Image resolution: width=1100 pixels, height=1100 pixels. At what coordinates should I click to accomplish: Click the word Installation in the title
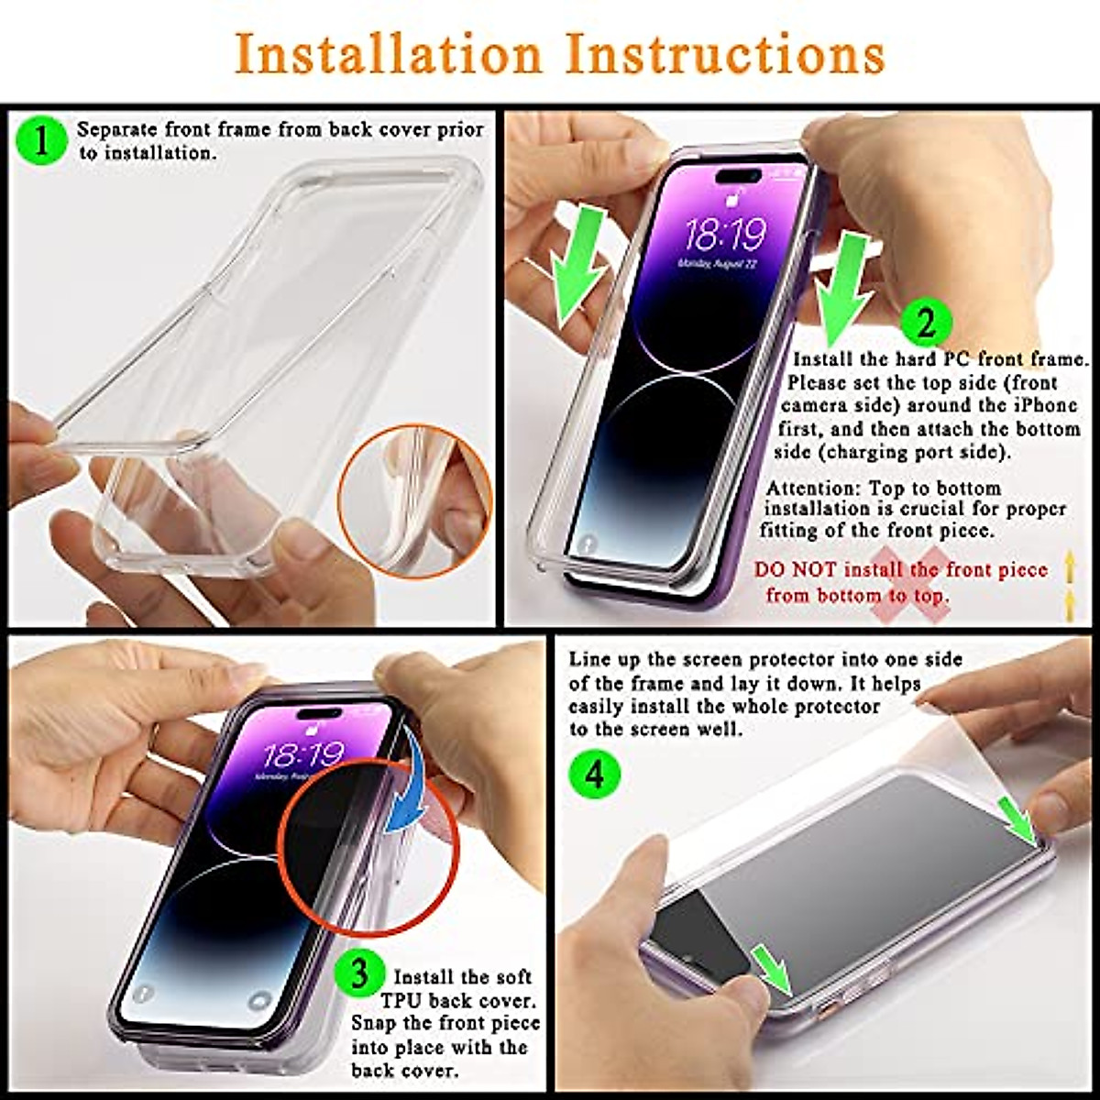389,55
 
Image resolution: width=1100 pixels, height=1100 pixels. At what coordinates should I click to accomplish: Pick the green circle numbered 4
595,774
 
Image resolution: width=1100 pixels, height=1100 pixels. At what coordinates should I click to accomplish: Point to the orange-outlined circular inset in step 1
414,501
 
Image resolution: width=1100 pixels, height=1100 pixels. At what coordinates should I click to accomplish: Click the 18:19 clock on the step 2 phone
725,236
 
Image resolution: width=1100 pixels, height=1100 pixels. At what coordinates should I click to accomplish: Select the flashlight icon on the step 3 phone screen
142,994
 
